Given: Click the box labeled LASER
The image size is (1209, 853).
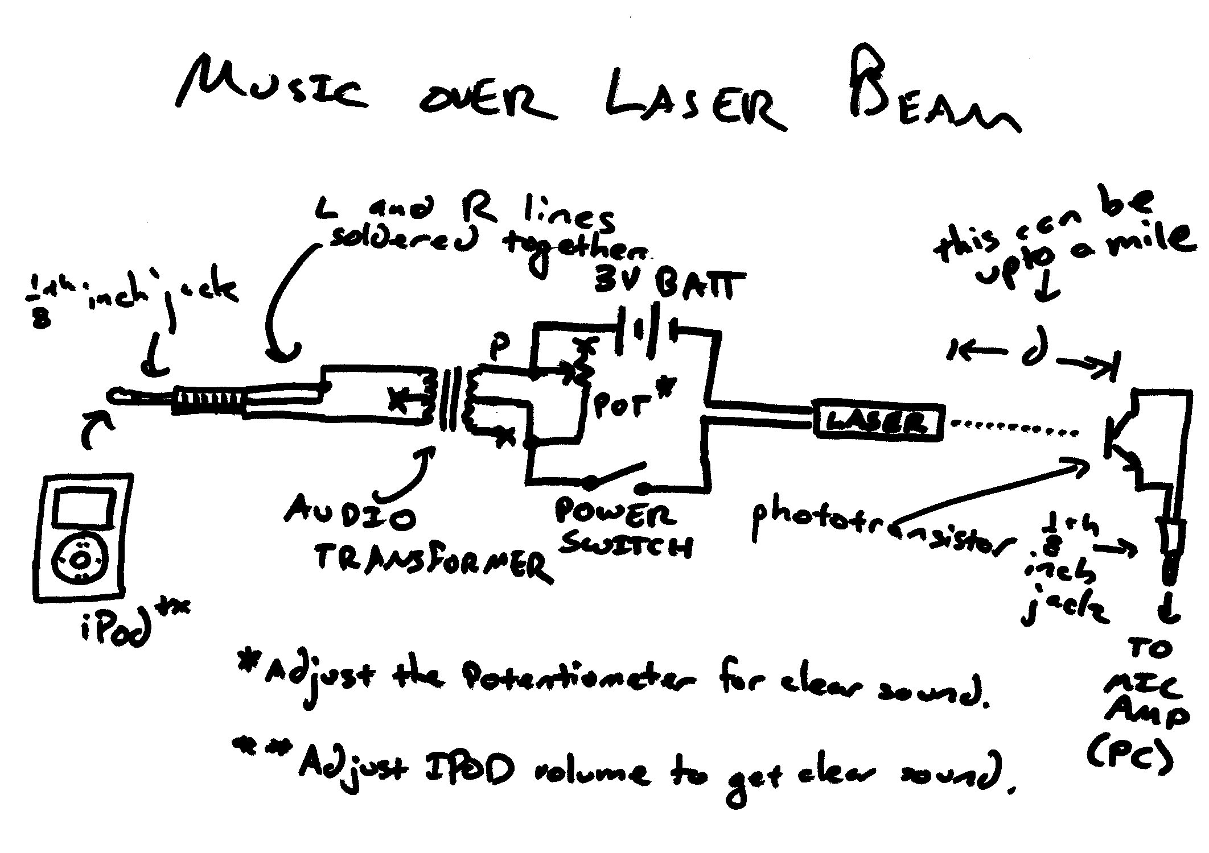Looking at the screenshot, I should (x=878, y=421).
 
